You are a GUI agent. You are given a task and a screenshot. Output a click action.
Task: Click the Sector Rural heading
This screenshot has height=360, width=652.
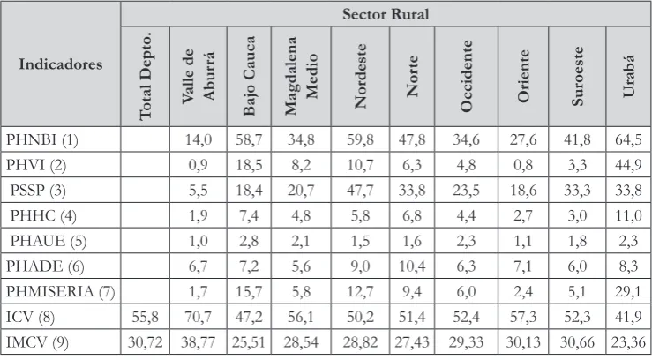click(386, 14)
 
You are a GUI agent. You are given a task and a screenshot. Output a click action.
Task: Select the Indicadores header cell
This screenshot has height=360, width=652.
click(61, 64)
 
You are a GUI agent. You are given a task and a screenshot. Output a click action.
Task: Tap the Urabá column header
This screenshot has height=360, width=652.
click(628, 76)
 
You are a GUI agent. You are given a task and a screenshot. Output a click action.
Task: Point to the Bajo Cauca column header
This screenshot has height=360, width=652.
click(249, 76)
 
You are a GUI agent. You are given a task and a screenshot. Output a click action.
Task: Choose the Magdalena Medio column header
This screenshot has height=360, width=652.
click(301, 76)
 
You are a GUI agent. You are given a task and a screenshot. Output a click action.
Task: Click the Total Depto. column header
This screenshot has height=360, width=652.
click(145, 76)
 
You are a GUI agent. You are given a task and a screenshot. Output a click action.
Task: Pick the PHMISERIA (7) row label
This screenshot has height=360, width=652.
click(60, 291)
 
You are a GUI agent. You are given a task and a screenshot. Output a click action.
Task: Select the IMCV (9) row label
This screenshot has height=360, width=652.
click(37, 342)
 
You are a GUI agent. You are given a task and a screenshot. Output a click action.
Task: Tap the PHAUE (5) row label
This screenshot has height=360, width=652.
click(49, 241)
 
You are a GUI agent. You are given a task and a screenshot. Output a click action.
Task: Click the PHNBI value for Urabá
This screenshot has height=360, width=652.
click(628, 139)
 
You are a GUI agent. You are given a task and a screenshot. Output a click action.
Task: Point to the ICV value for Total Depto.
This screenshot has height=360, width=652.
click(145, 317)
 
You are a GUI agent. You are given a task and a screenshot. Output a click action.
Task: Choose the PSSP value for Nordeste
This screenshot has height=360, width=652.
click(360, 191)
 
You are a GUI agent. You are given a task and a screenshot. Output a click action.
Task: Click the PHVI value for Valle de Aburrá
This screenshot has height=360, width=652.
click(198, 165)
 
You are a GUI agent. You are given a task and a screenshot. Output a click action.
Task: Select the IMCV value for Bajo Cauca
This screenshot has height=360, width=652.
click(249, 342)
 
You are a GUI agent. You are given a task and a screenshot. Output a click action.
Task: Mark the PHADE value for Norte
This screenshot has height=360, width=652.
click(412, 266)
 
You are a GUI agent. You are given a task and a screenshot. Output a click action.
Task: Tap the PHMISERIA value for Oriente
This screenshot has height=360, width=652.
click(522, 291)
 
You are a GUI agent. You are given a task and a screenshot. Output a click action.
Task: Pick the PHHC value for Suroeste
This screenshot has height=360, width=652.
click(577, 216)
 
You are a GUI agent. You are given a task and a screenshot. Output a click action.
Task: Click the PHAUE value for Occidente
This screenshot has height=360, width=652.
click(466, 241)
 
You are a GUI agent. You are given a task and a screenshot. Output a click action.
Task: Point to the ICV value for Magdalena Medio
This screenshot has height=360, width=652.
click(301, 317)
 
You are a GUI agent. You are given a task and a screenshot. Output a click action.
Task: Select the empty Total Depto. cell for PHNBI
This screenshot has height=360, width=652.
click(145, 139)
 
